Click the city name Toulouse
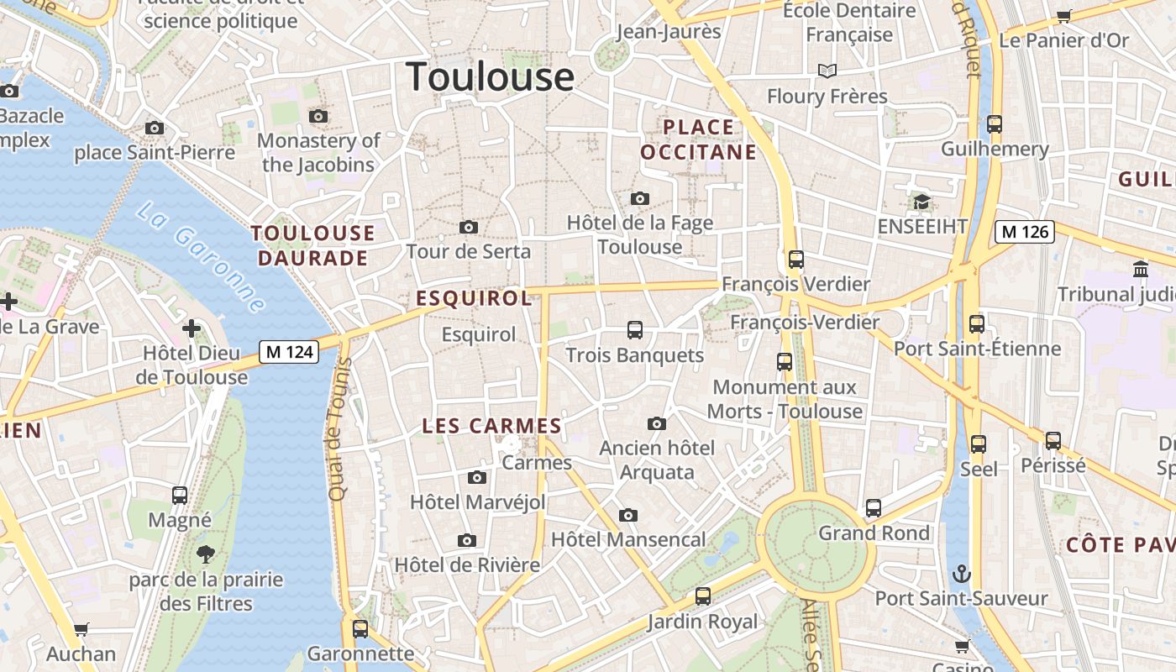pyautogui.click(x=491, y=76)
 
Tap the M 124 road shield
pyautogui.click(x=289, y=351)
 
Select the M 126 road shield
pyautogui.click(x=1024, y=231)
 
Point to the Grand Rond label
pyautogui.click(x=874, y=533)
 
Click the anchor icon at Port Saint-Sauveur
pyautogui.click(x=962, y=575)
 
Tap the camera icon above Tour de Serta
pyautogui.click(x=469, y=227)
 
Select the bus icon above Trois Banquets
pyautogui.click(x=635, y=330)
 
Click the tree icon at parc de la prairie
pyautogui.click(x=205, y=554)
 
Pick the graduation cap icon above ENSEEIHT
pyautogui.click(x=921, y=202)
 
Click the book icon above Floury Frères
pyautogui.click(x=827, y=71)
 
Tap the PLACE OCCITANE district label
pyautogui.click(x=699, y=139)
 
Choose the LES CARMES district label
pyautogui.click(x=491, y=426)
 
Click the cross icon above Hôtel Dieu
pyautogui.click(x=192, y=328)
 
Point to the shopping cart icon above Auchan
pyautogui.click(x=81, y=629)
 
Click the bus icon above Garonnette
pyautogui.click(x=360, y=627)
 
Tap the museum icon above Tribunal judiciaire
pyautogui.click(x=1141, y=269)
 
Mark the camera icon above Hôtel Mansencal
pyautogui.click(x=627, y=515)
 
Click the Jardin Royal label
pyautogui.click(x=702, y=622)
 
